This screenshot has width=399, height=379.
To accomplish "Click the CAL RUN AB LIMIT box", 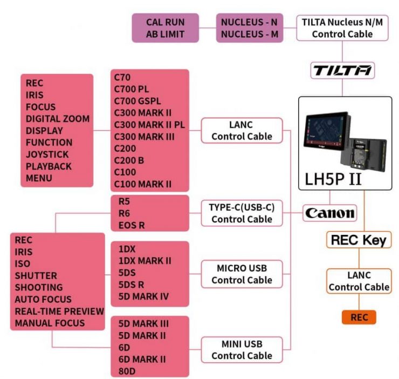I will coord(165,28).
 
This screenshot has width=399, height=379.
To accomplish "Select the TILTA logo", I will coord(343,70).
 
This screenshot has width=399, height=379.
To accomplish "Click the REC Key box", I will coord(359,240).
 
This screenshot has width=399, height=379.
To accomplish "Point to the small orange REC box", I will coord(359,317).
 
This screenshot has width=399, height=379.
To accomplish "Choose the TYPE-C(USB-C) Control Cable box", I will coord(242,213).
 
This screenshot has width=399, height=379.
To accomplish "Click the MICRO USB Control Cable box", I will coord(242,274).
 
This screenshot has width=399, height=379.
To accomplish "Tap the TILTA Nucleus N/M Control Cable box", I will coord(342,28).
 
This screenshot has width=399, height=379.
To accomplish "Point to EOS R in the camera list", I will coord(132,225).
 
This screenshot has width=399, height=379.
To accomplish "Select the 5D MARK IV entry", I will coord(143,296).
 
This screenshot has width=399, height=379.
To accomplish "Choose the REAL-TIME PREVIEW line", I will coord(59,311).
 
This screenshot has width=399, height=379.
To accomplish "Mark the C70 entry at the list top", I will coord(123,77).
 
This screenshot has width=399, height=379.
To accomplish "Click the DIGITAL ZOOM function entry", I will coord(58,119).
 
